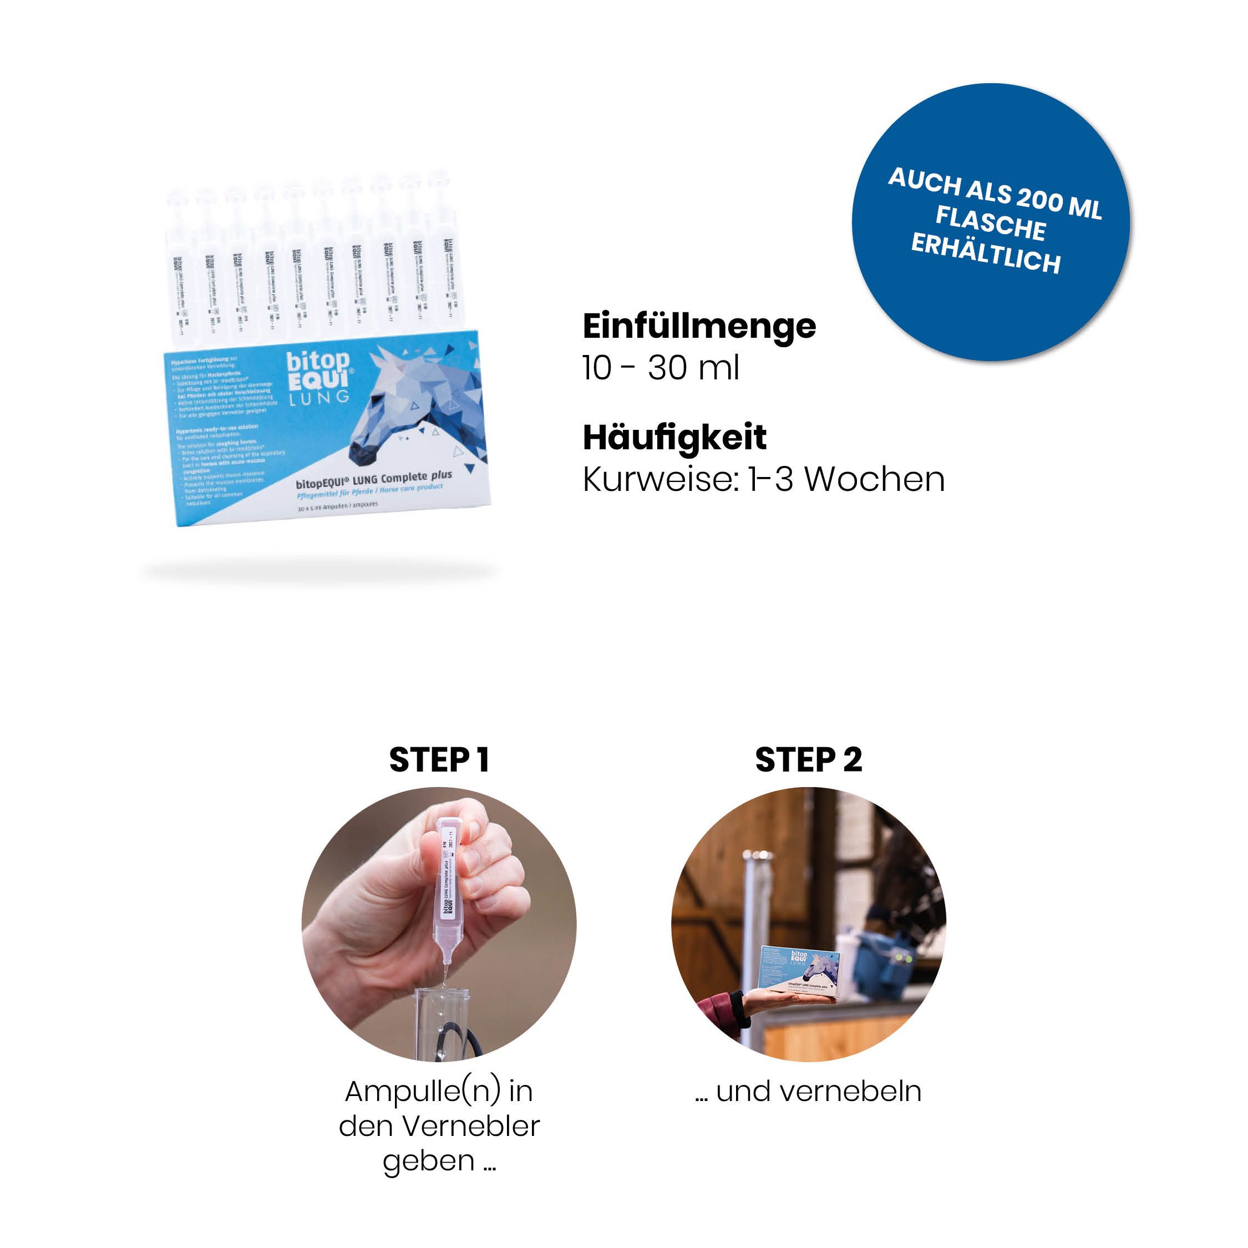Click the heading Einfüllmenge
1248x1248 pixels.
pyautogui.click(x=699, y=327)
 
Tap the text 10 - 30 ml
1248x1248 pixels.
pyautogui.click(x=660, y=369)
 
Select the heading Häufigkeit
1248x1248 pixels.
pyautogui.click(x=674, y=438)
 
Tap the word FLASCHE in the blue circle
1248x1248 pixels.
pyautogui.click(x=990, y=224)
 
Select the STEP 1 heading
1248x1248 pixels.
pyautogui.click(x=439, y=760)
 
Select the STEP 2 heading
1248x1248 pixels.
pyautogui.click(x=808, y=760)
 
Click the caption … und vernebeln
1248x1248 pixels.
pyautogui.click(x=808, y=1092)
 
